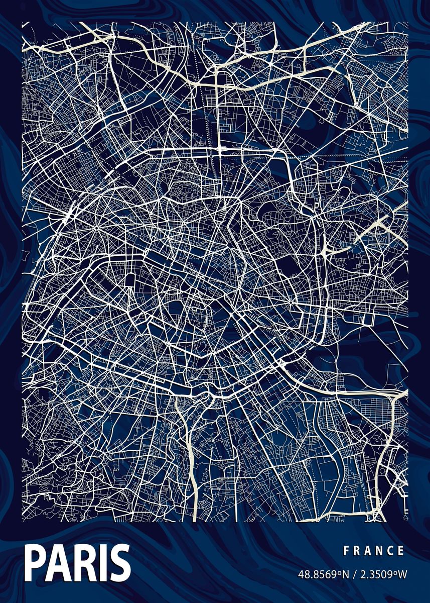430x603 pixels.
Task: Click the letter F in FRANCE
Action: pos(346,551)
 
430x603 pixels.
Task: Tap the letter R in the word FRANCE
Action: pos(357,551)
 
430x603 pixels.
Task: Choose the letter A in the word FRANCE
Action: pos(368,551)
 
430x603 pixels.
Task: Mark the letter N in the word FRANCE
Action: pos(380,551)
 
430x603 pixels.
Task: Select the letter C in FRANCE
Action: pos(391,551)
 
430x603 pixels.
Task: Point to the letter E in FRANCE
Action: pos(401,551)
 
